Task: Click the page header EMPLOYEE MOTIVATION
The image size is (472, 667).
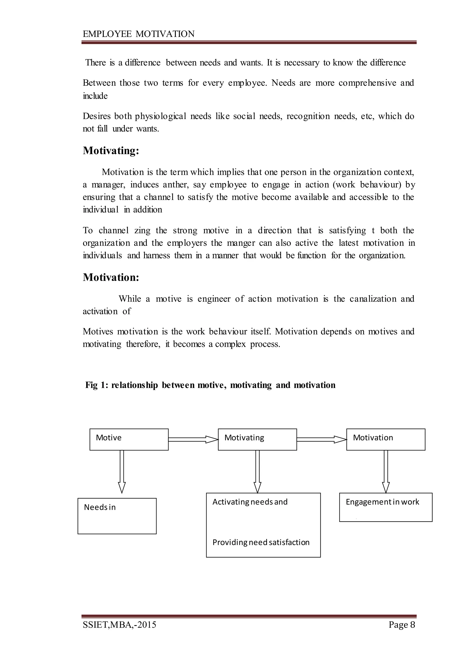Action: click(x=139, y=34)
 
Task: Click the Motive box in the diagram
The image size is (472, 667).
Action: click(x=129, y=440)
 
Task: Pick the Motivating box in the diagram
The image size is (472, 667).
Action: click(x=257, y=440)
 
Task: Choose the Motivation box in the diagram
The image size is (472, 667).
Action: click(x=385, y=440)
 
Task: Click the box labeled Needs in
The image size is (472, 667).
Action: click(x=117, y=516)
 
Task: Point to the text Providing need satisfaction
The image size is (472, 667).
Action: click(x=261, y=542)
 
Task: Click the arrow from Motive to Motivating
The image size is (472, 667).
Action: click(x=193, y=440)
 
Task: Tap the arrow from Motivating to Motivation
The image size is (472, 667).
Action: click(x=322, y=440)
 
